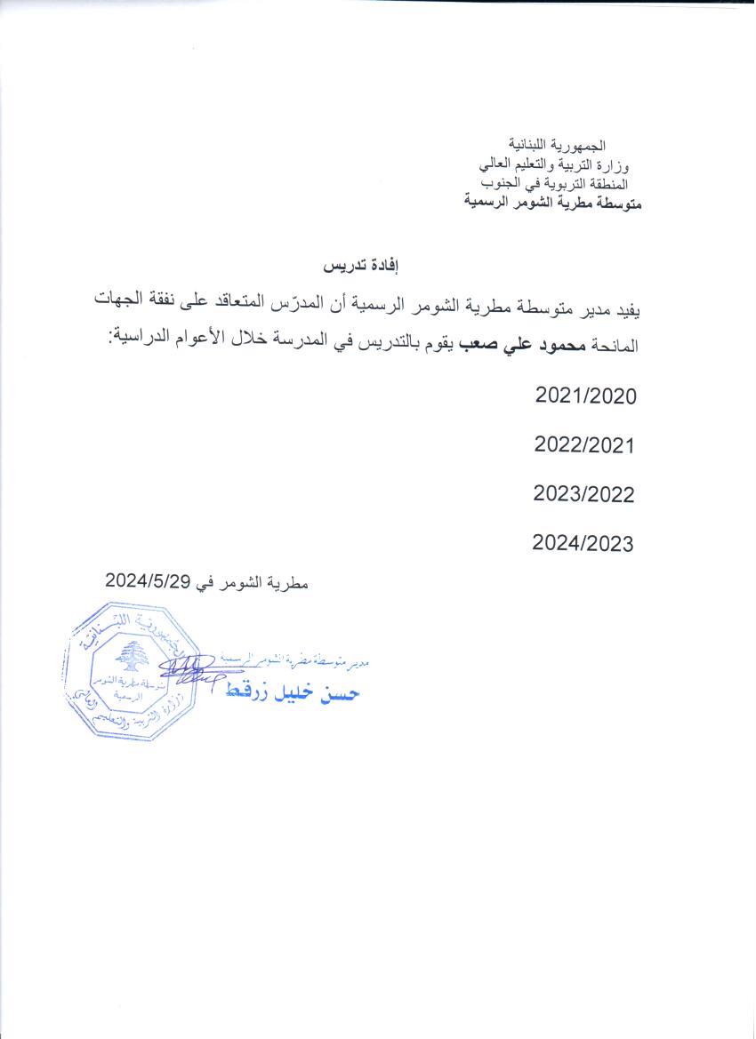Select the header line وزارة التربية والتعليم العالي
pos(553,164)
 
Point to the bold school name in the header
pos(554,204)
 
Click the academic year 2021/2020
pos(586,396)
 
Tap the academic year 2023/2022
pos(584,493)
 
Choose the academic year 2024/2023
pos(583,542)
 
